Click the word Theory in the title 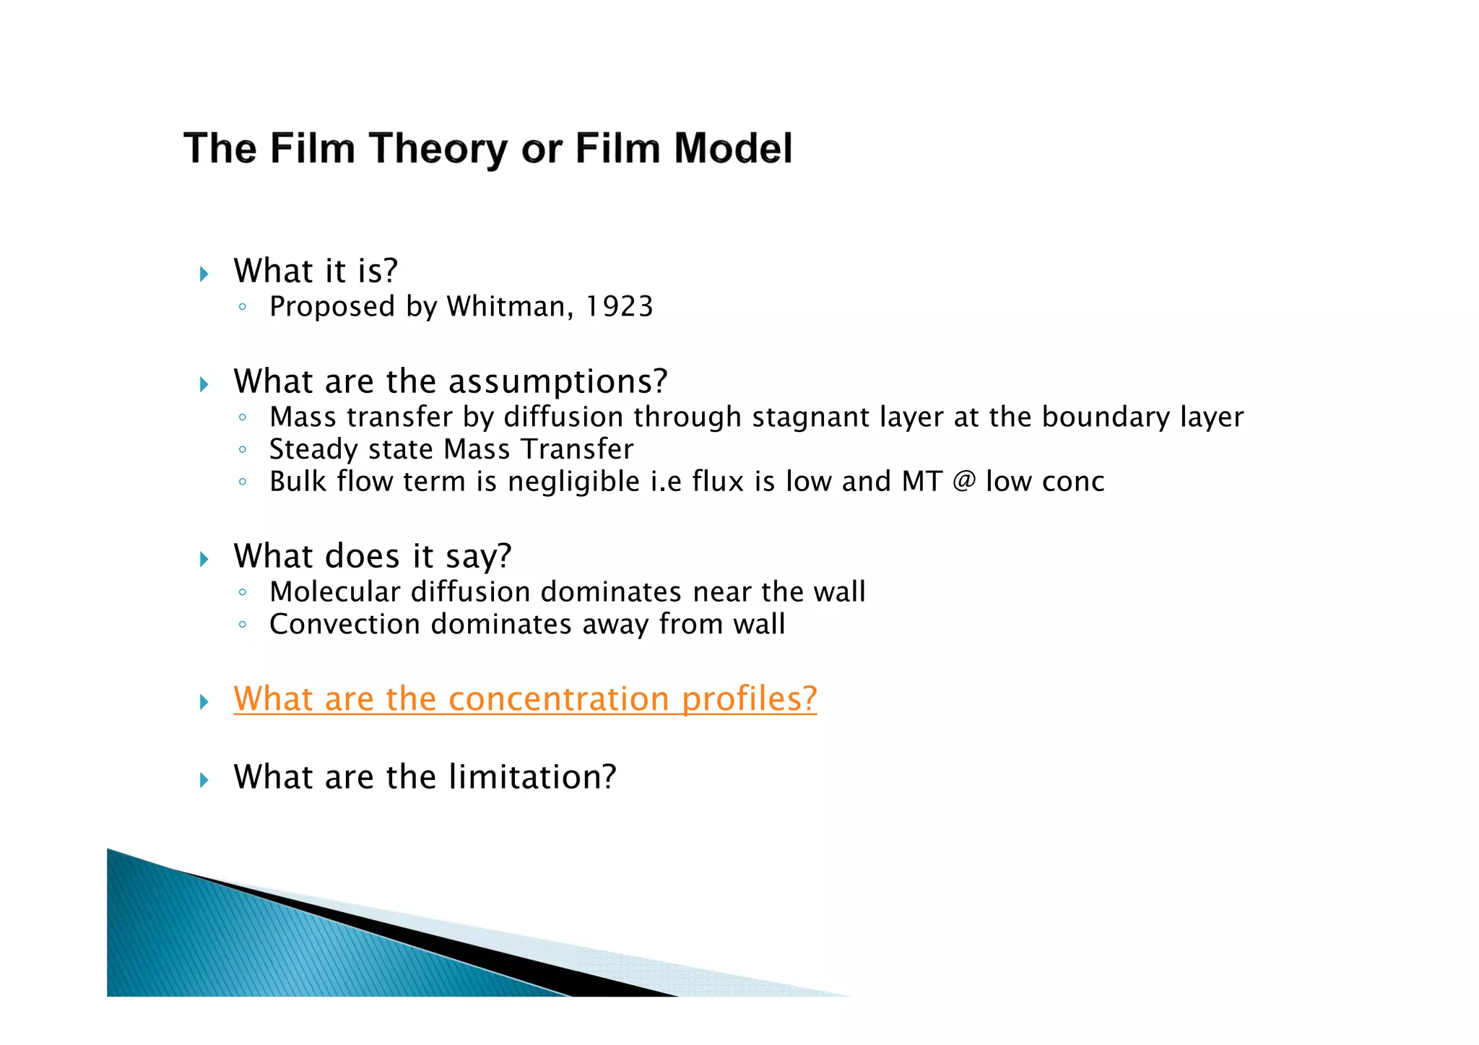(x=438, y=149)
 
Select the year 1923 (x=619, y=307)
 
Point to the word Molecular (x=334, y=592)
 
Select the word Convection (x=344, y=624)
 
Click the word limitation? (x=532, y=777)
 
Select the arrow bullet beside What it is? (x=204, y=274)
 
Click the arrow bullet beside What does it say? (x=204, y=558)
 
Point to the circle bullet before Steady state (x=243, y=450)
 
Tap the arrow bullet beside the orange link (x=204, y=701)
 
